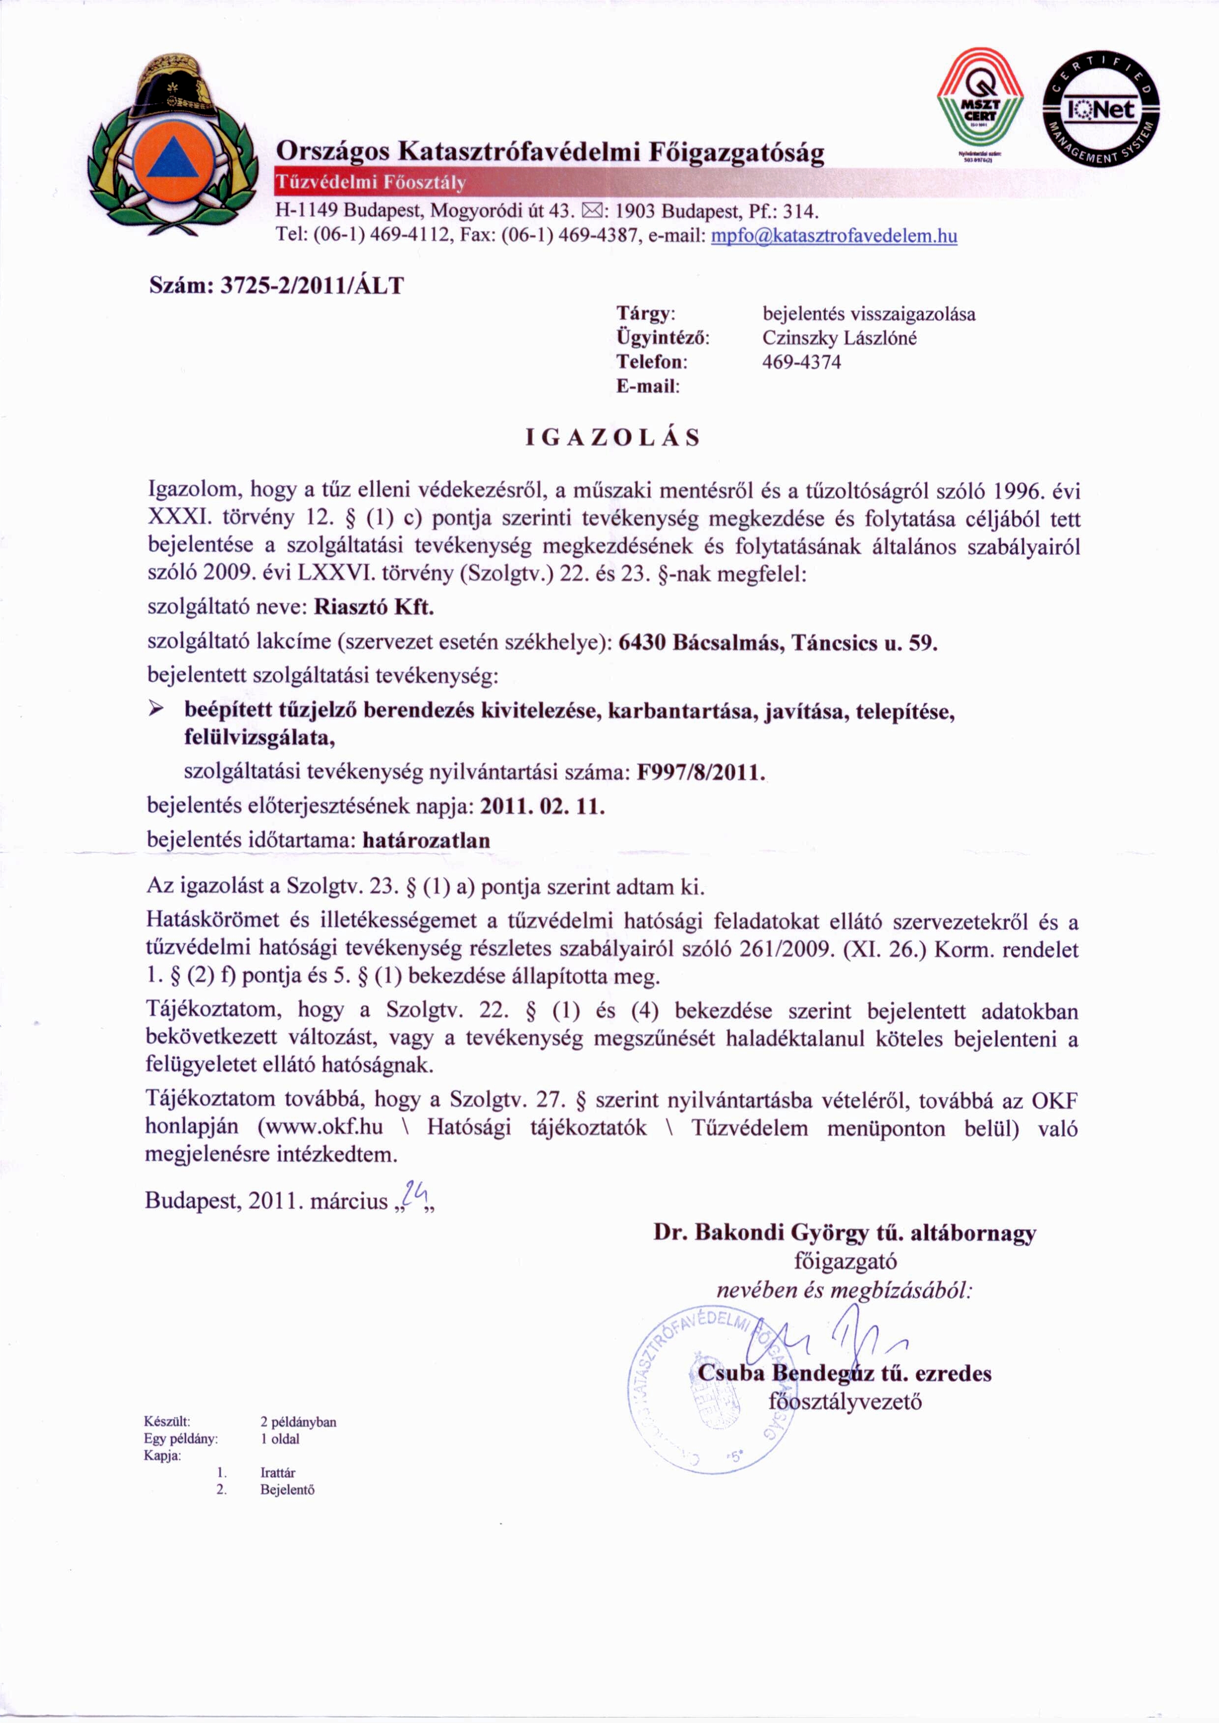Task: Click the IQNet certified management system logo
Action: (x=1101, y=110)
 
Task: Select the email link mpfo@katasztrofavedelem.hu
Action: (x=833, y=236)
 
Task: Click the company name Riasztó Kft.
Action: (x=374, y=607)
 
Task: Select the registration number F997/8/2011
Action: (x=699, y=772)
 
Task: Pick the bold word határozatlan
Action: (x=426, y=840)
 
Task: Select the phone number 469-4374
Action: (x=802, y=363)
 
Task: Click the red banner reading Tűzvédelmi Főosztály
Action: (x=372, y=182)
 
